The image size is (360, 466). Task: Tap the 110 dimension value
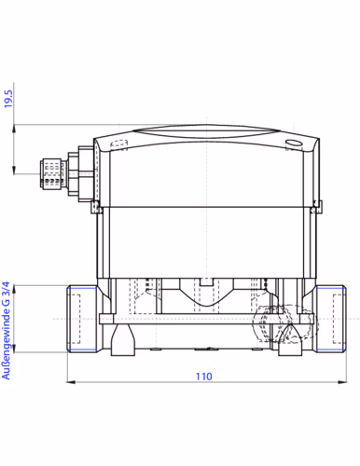click(204, 377)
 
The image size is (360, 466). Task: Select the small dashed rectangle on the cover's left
click(117, 145)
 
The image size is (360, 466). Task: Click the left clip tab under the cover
click(97, 206)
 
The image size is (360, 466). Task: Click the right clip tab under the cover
click(315, 206)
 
